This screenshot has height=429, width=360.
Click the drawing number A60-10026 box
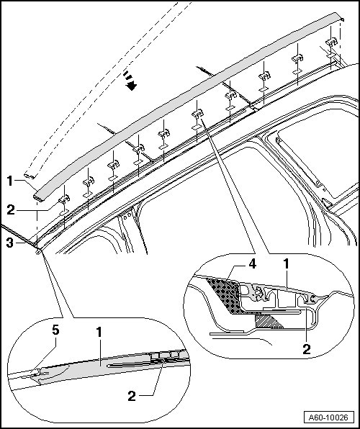click(x=328, y=417)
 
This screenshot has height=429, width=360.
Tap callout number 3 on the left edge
click(x=10, y=243)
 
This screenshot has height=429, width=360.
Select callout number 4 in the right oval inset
click(x=252, y=265)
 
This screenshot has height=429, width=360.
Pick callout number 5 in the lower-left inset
click(x=55, y=330)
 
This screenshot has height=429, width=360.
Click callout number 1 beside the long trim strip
click(x=10, y=181)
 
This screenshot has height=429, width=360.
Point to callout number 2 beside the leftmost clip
click(x=11, y=210)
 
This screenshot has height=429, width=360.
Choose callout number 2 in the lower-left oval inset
click(x=132, y=396)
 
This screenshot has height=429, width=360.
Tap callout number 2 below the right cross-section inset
click(x=307, y=349)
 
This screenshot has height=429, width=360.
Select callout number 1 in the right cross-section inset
click(x=286, y=264)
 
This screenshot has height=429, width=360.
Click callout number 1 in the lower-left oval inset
click(x=99, y=333)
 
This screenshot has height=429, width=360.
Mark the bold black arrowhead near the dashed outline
click(x=132, y=86)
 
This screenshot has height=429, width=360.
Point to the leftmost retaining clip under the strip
click(x=64, y=199)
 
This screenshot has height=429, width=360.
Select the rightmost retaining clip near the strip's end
click(x=331, y=42)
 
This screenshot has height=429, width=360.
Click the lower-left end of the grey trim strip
click(x=38, y=197)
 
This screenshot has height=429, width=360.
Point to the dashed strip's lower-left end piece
click(x=30, y=176)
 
